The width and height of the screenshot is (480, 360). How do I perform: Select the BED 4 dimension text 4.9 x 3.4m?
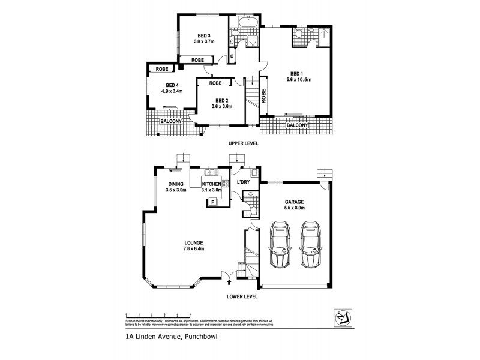pyautogui.click(x=172, y=91)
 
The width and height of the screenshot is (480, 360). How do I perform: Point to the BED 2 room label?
pyautogui.click(x=222, y=100)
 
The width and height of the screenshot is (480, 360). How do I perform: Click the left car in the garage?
pyautogui.click(x=280, y=246)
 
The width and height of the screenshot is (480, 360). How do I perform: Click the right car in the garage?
pyautogui.click(x=310, y=246)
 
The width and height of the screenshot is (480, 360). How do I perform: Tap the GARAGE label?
pyautogui.click(x=295, y=202)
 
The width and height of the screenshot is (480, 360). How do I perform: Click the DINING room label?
pyautogui.click(x=176, y=184)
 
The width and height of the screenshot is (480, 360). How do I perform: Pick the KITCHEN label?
pyautogui.click(x=211, y=184)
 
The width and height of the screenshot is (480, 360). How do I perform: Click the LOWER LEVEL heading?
pyautogui.click(x=242, y=296)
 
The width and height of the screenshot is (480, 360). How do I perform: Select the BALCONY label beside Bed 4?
pyautogui.click(x=170, y=121)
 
